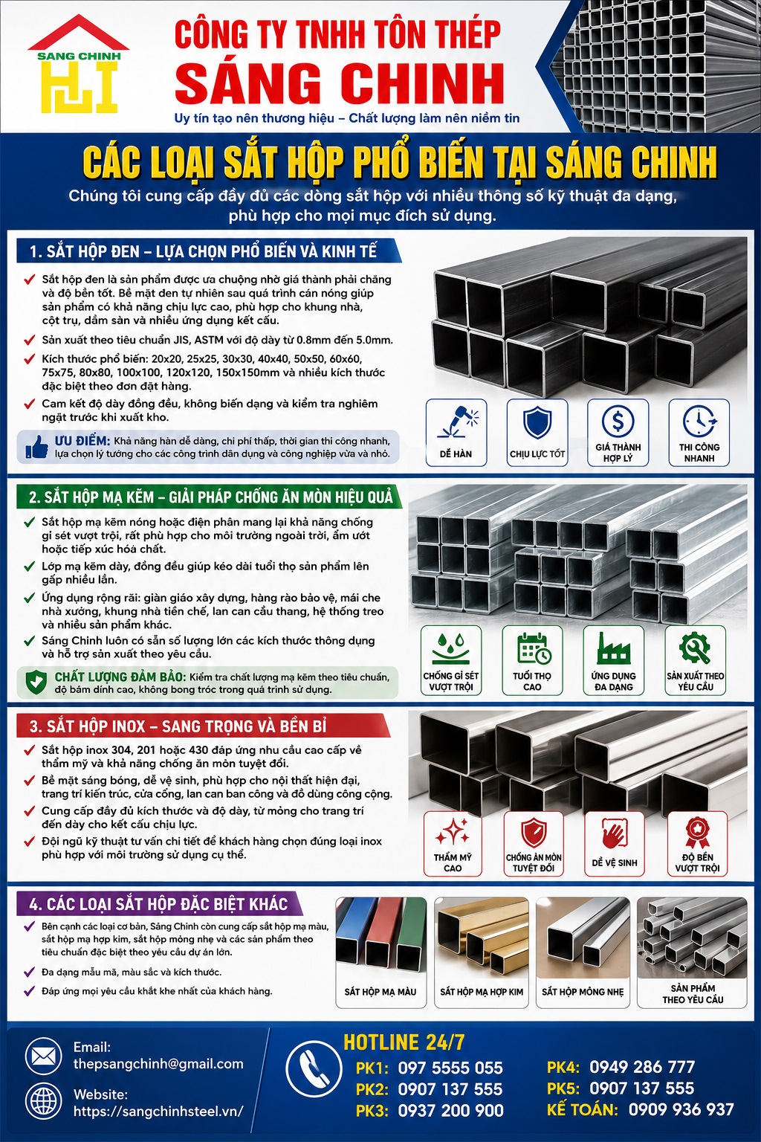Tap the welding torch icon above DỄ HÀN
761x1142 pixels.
(x=457, y=422)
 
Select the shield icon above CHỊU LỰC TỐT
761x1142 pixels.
(x=537, y=422)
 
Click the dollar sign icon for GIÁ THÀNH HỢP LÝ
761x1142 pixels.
(x=618, y=421)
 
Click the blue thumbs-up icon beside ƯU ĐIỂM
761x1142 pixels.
(x=36, y=447)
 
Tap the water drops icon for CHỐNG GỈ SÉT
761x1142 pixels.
(x=451, y=648)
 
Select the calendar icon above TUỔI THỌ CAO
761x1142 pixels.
(x=533, y=648)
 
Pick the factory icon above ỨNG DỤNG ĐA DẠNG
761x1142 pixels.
(x=614, y=648)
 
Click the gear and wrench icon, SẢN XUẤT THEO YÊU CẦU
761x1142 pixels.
(x=696, y=648)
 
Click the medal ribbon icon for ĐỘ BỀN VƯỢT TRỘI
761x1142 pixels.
(x=697, y=831)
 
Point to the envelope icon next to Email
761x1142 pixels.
(x=44, y=1056)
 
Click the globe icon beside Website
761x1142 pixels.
(x=44, y=1103)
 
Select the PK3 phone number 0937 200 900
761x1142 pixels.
(x=450, y=1110)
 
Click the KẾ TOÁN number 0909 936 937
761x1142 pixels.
(x=681, y=1109)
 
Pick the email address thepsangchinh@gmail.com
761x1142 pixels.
(x=158, y=1063)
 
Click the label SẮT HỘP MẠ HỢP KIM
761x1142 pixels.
(x=482, y=992)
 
